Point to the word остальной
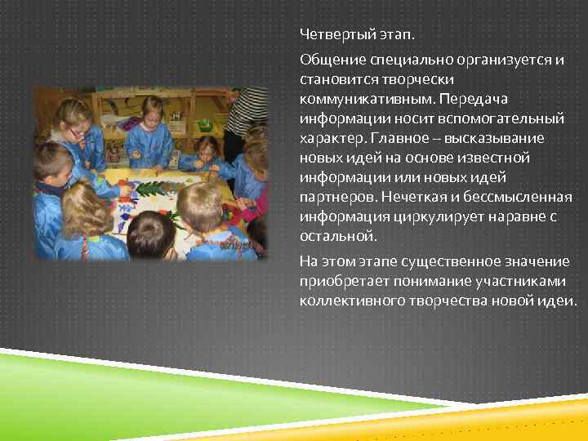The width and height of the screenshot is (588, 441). pos(337,236)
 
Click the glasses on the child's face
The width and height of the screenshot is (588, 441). pos(77,131)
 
